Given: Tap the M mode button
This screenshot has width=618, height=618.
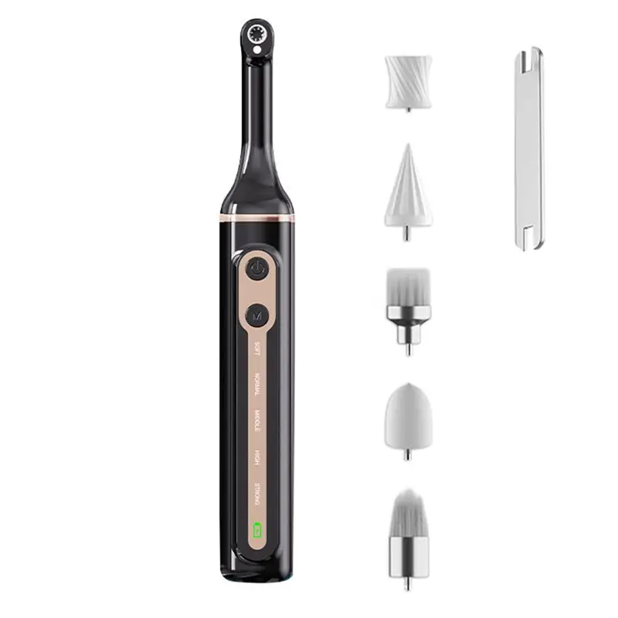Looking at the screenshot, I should pyautogui.click(x=256, y=315).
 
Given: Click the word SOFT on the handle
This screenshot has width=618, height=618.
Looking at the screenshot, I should pyautogui.click(x=257, y=348).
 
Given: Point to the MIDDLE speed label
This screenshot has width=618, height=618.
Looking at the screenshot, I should pyautogui.click(x=257, y=422).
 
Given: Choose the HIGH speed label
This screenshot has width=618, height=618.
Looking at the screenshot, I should pyautogui.click(x=257, y=457).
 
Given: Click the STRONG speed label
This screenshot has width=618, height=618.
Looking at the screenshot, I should pyautogui.click(x=257, y=493).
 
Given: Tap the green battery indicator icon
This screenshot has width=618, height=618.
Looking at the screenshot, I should pyautogui.click(x=256, y=531).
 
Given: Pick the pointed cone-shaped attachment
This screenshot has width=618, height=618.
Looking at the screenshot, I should pyautogui.click(x=408, y=189).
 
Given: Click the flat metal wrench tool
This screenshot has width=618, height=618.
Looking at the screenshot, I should pyautogui.click(x=529, y=147).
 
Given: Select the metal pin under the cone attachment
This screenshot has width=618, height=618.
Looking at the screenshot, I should pyautogui.click(x=407, y=233).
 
